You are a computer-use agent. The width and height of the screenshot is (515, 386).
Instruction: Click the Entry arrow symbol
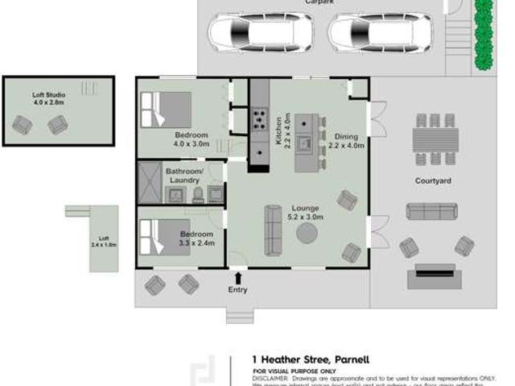tap(237, 277)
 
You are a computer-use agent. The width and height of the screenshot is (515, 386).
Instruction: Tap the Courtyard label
tap(433, 181)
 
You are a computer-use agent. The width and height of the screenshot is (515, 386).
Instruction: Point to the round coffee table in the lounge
tap(307, 233)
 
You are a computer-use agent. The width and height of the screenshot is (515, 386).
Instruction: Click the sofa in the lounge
tap(274, 230)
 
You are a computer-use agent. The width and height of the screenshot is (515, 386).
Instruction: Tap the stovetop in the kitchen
tap(261, 120)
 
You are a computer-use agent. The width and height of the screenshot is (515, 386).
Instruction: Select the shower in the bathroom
tap(150, 183)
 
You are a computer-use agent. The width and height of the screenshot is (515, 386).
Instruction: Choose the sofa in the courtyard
tap(431, 211)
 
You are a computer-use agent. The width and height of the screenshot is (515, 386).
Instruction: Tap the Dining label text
tap(347, 137)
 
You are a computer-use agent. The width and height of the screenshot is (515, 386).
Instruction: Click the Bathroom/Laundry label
tap(184, 176)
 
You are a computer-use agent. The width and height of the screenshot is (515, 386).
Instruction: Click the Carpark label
tap(319, 3)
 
